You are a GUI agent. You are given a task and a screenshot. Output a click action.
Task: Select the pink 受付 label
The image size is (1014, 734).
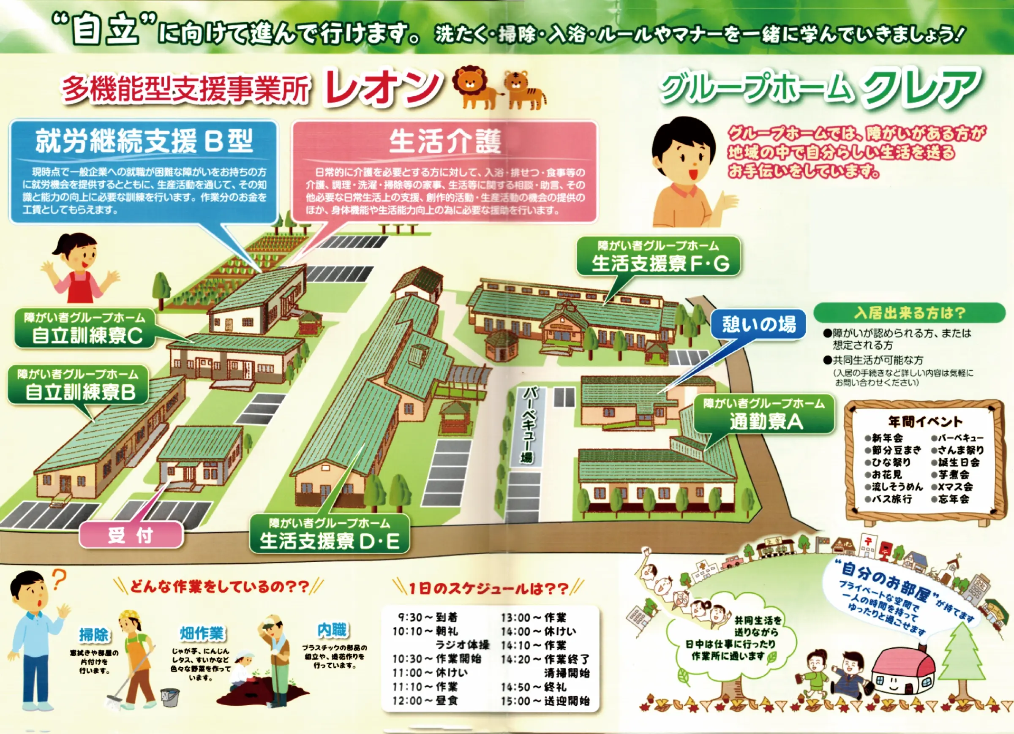click(131, 535)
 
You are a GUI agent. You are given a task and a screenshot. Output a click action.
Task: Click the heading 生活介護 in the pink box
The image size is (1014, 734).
click(445, 142)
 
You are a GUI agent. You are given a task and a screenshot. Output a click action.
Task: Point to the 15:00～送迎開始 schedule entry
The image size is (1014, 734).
click(545, 701)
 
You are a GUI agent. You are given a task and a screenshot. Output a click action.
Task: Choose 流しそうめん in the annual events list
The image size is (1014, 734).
click(894, 487)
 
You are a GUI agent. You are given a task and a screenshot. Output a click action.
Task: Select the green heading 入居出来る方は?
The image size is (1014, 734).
click(909, 313)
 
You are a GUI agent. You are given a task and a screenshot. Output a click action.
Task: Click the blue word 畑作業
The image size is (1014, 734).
click(202, 633)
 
